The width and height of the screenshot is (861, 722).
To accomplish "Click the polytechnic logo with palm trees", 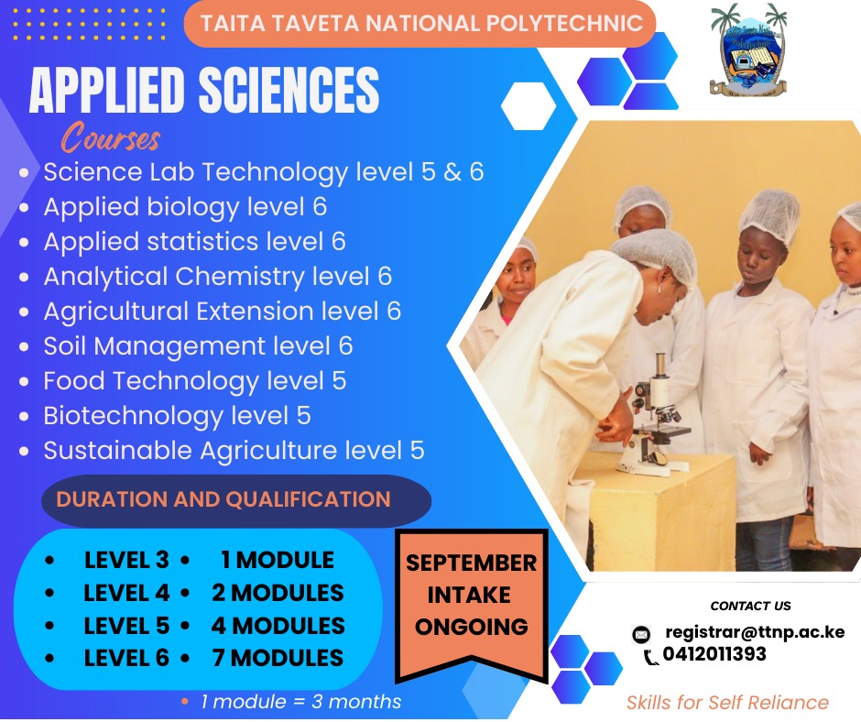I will pos(748,50).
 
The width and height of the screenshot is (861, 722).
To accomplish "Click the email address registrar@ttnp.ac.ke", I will pos(755,632).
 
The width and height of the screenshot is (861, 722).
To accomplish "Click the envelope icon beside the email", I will pos(642,634).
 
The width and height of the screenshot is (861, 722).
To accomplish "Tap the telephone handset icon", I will pos(651,656).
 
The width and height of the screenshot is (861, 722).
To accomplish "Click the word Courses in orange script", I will pos(111,139).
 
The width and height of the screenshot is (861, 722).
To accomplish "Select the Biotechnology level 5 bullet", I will pos(177,416).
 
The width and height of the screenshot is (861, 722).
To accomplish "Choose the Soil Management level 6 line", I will pos(198,346).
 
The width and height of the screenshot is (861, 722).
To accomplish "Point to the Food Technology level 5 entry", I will pos(194,381).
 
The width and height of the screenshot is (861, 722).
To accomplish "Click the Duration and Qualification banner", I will pos(223,500).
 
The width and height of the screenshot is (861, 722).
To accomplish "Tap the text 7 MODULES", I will pos(278,658).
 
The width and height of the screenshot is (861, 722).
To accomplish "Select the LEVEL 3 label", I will pos(126,560).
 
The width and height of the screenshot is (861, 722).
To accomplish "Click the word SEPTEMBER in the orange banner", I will pos(472,563).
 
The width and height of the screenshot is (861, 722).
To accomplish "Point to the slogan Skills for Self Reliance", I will pos(727,703).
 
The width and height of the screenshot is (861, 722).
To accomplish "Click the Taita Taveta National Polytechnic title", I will pos(421,24).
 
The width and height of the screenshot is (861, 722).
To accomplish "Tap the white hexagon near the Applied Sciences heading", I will pos(529,106).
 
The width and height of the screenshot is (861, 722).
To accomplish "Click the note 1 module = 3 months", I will pos(300,702).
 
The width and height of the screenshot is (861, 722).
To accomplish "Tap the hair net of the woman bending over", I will pos(656,253).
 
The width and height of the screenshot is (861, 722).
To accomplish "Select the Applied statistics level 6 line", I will pos(194,242).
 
